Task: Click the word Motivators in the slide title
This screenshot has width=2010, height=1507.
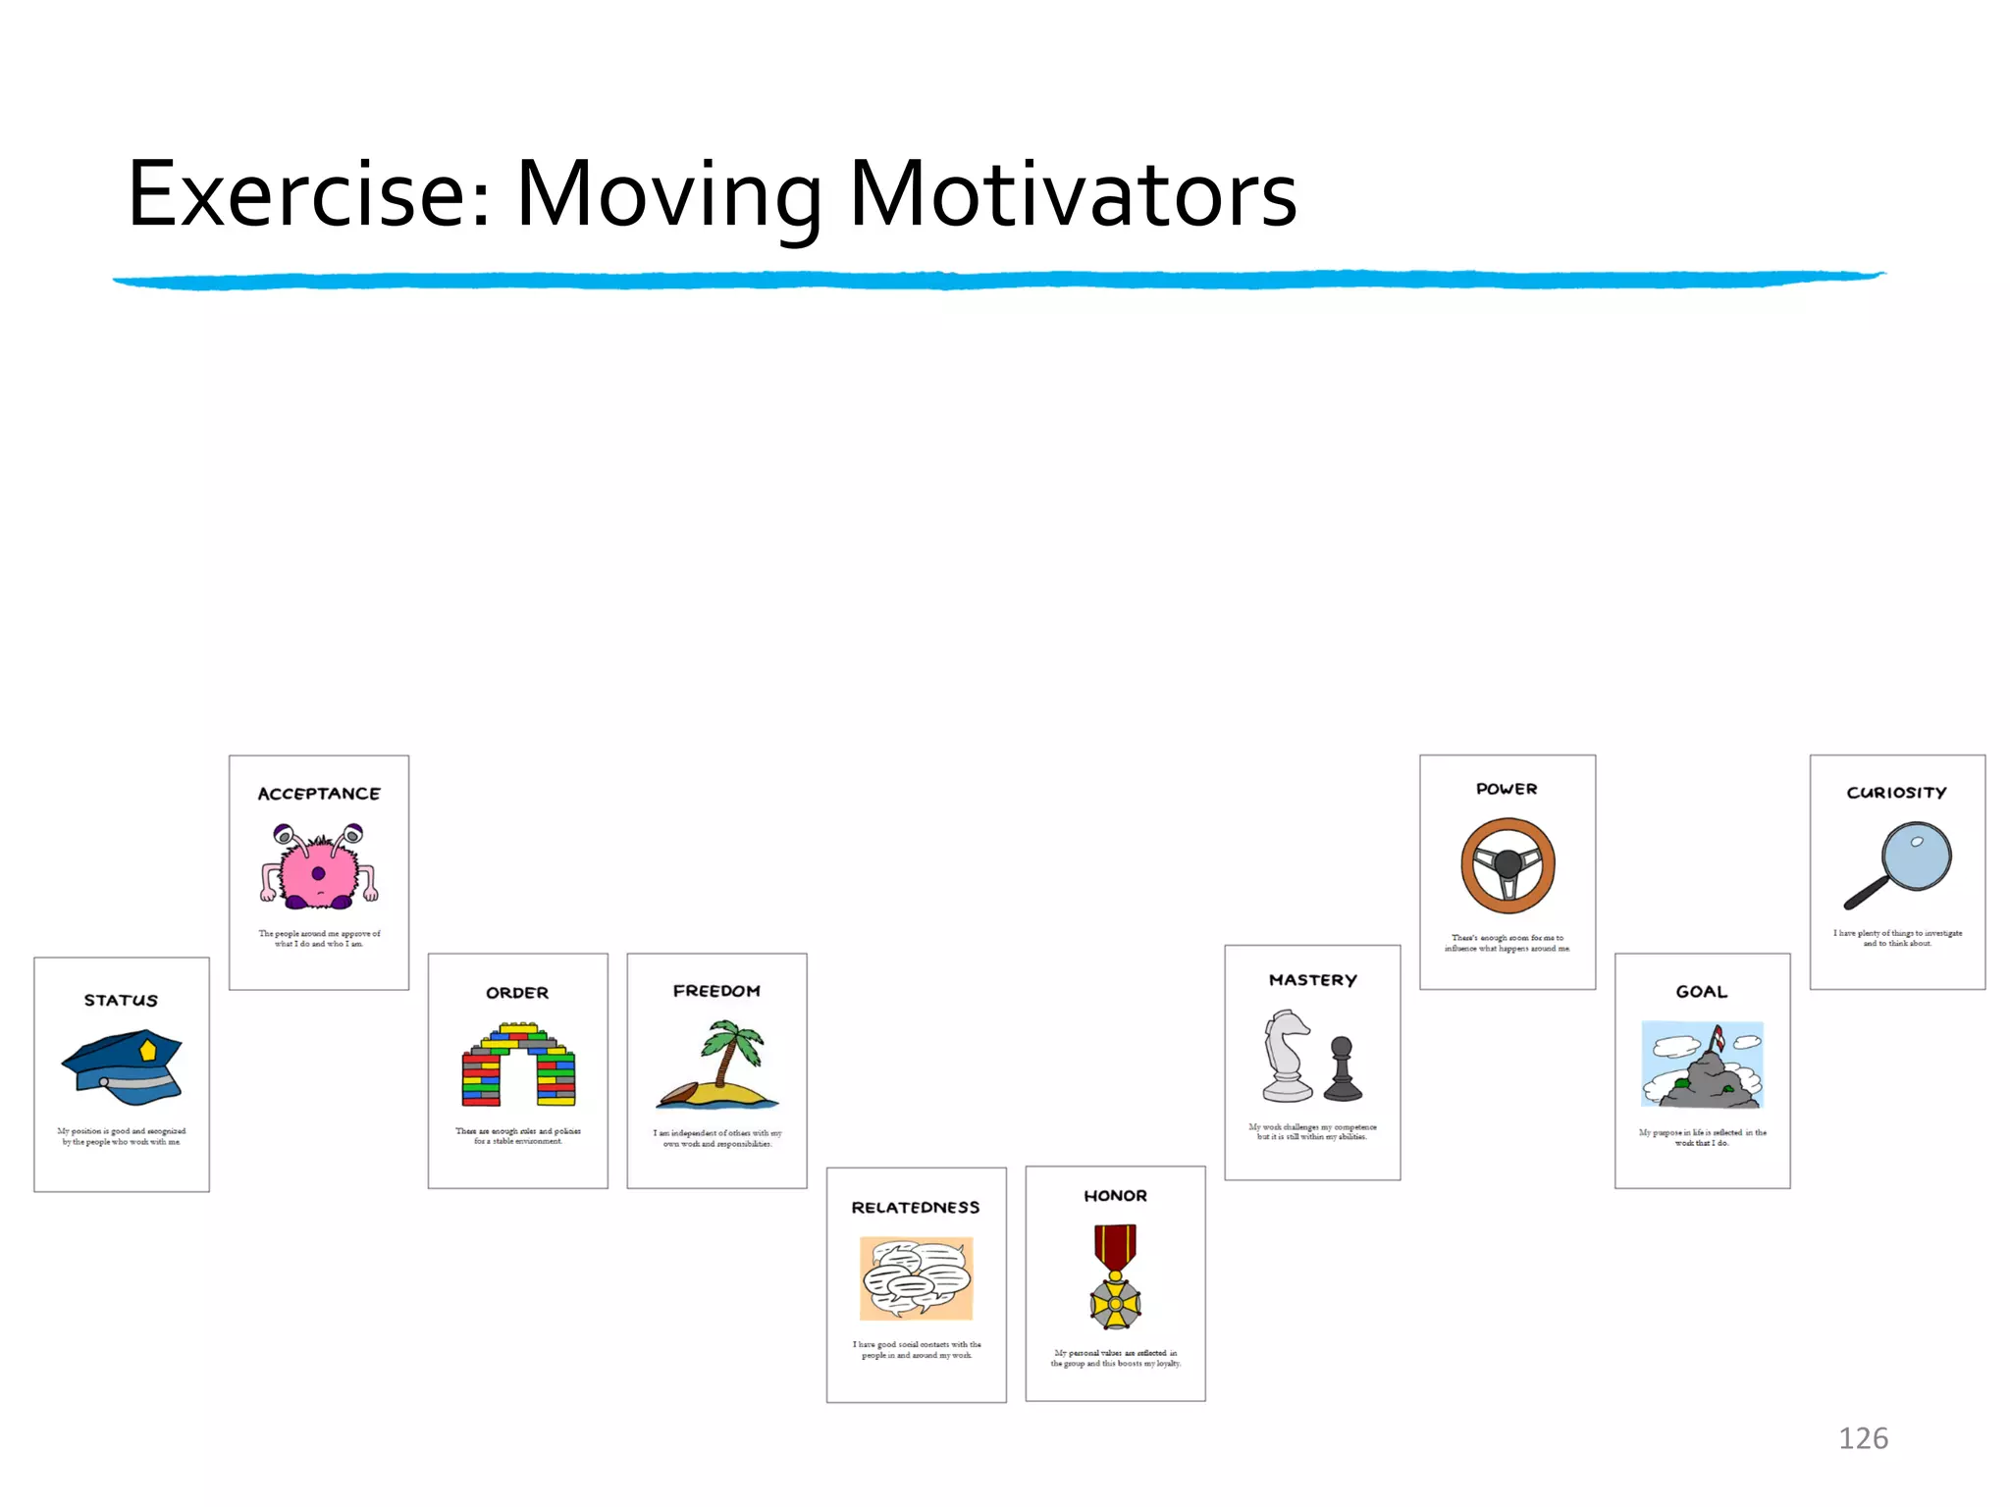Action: (1073, 195)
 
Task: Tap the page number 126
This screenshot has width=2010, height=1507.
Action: (1863, 1438)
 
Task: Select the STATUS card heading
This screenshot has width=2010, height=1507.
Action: (121, 1000)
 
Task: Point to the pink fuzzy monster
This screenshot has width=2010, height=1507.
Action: (318, 868)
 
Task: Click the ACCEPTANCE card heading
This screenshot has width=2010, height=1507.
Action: (319, 794)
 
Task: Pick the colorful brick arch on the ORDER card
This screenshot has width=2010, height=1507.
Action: (518, 1065)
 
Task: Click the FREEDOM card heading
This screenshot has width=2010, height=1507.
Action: (716, 991)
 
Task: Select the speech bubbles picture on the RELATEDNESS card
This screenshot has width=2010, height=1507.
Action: (916, 1277)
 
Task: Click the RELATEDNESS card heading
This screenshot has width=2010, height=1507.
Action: (916, 1208)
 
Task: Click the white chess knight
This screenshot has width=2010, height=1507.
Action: (1287, 1058)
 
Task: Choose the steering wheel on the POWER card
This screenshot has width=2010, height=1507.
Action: (1507, 865)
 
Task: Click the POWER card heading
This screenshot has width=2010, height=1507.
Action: (1507, 789)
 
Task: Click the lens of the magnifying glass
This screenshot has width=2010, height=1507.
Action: (1917, 856)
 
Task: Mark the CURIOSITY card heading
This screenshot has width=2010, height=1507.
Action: (1896, 793)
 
